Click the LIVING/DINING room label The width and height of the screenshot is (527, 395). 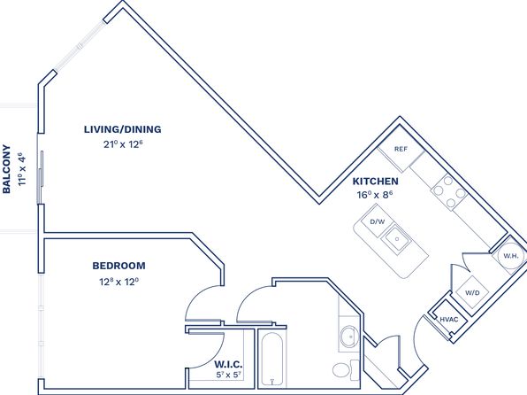coord(122,129)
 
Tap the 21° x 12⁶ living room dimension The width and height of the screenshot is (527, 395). coord(123,144)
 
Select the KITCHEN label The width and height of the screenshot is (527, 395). coord(376,182)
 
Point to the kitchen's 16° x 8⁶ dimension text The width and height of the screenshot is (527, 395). coord(375,195)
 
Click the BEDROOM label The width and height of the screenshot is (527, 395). coord(119,266)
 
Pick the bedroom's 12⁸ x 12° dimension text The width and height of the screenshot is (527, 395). coord(119,281)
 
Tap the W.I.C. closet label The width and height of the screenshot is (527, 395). coord(228,364)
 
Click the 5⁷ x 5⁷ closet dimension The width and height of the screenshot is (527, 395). coord(229,375)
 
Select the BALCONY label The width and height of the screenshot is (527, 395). coord(6,169)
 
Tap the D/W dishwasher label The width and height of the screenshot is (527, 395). coord(377,221)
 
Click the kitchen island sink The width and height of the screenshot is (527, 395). coord(397,239)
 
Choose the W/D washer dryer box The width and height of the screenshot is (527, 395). coord(472,292)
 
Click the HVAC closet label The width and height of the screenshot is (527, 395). coord(449,320)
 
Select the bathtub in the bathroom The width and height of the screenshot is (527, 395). coord(272,360)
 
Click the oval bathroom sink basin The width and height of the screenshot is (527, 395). coord(350,337)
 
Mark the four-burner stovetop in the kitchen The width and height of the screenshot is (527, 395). coord(448,191)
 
